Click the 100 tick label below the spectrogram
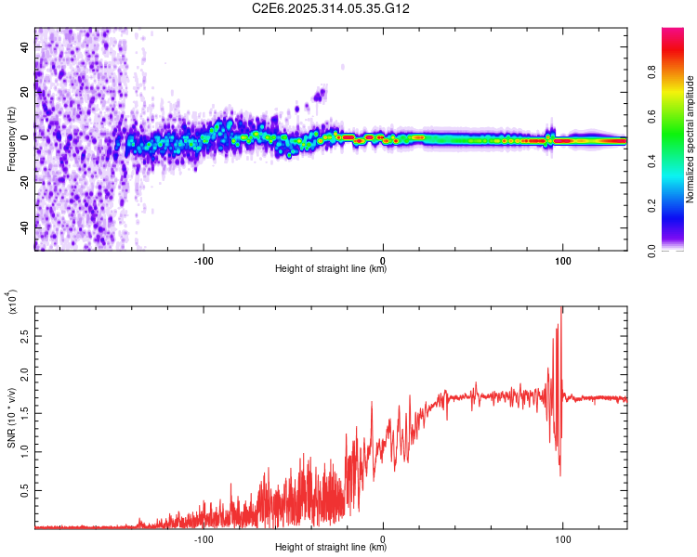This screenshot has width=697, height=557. (x=562, y=259)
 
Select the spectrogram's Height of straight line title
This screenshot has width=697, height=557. (x=331, y=269)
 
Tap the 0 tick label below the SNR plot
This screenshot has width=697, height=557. (x=384, y=538)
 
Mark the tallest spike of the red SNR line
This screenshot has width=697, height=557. (x=561, y=309)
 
